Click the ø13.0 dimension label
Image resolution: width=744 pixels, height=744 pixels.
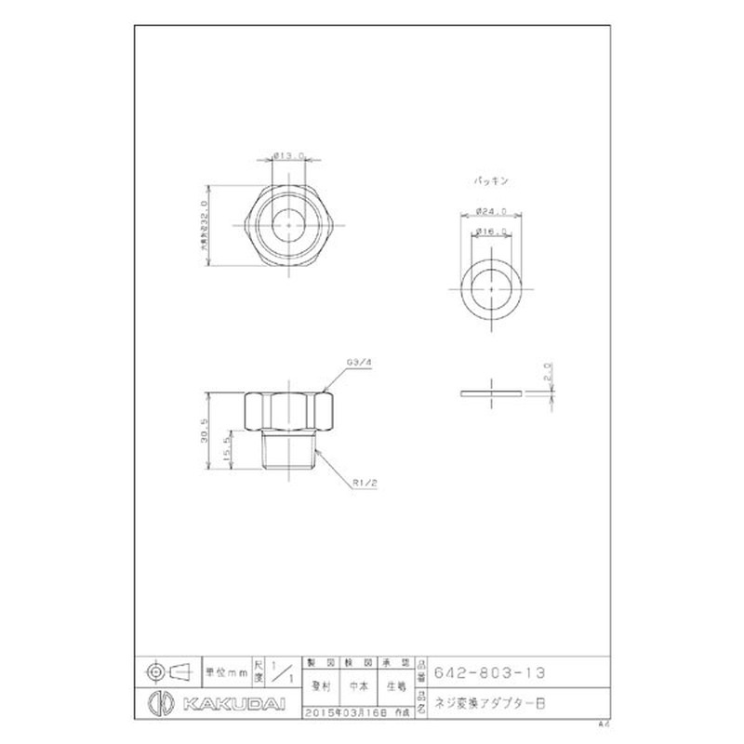click(x=291, y=155)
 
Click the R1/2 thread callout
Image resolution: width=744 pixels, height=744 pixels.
click(x=365, y=484)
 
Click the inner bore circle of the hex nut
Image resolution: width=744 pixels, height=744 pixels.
click(x=291, y=224)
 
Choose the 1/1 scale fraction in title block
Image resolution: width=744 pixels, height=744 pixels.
click(x=285, y=671)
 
